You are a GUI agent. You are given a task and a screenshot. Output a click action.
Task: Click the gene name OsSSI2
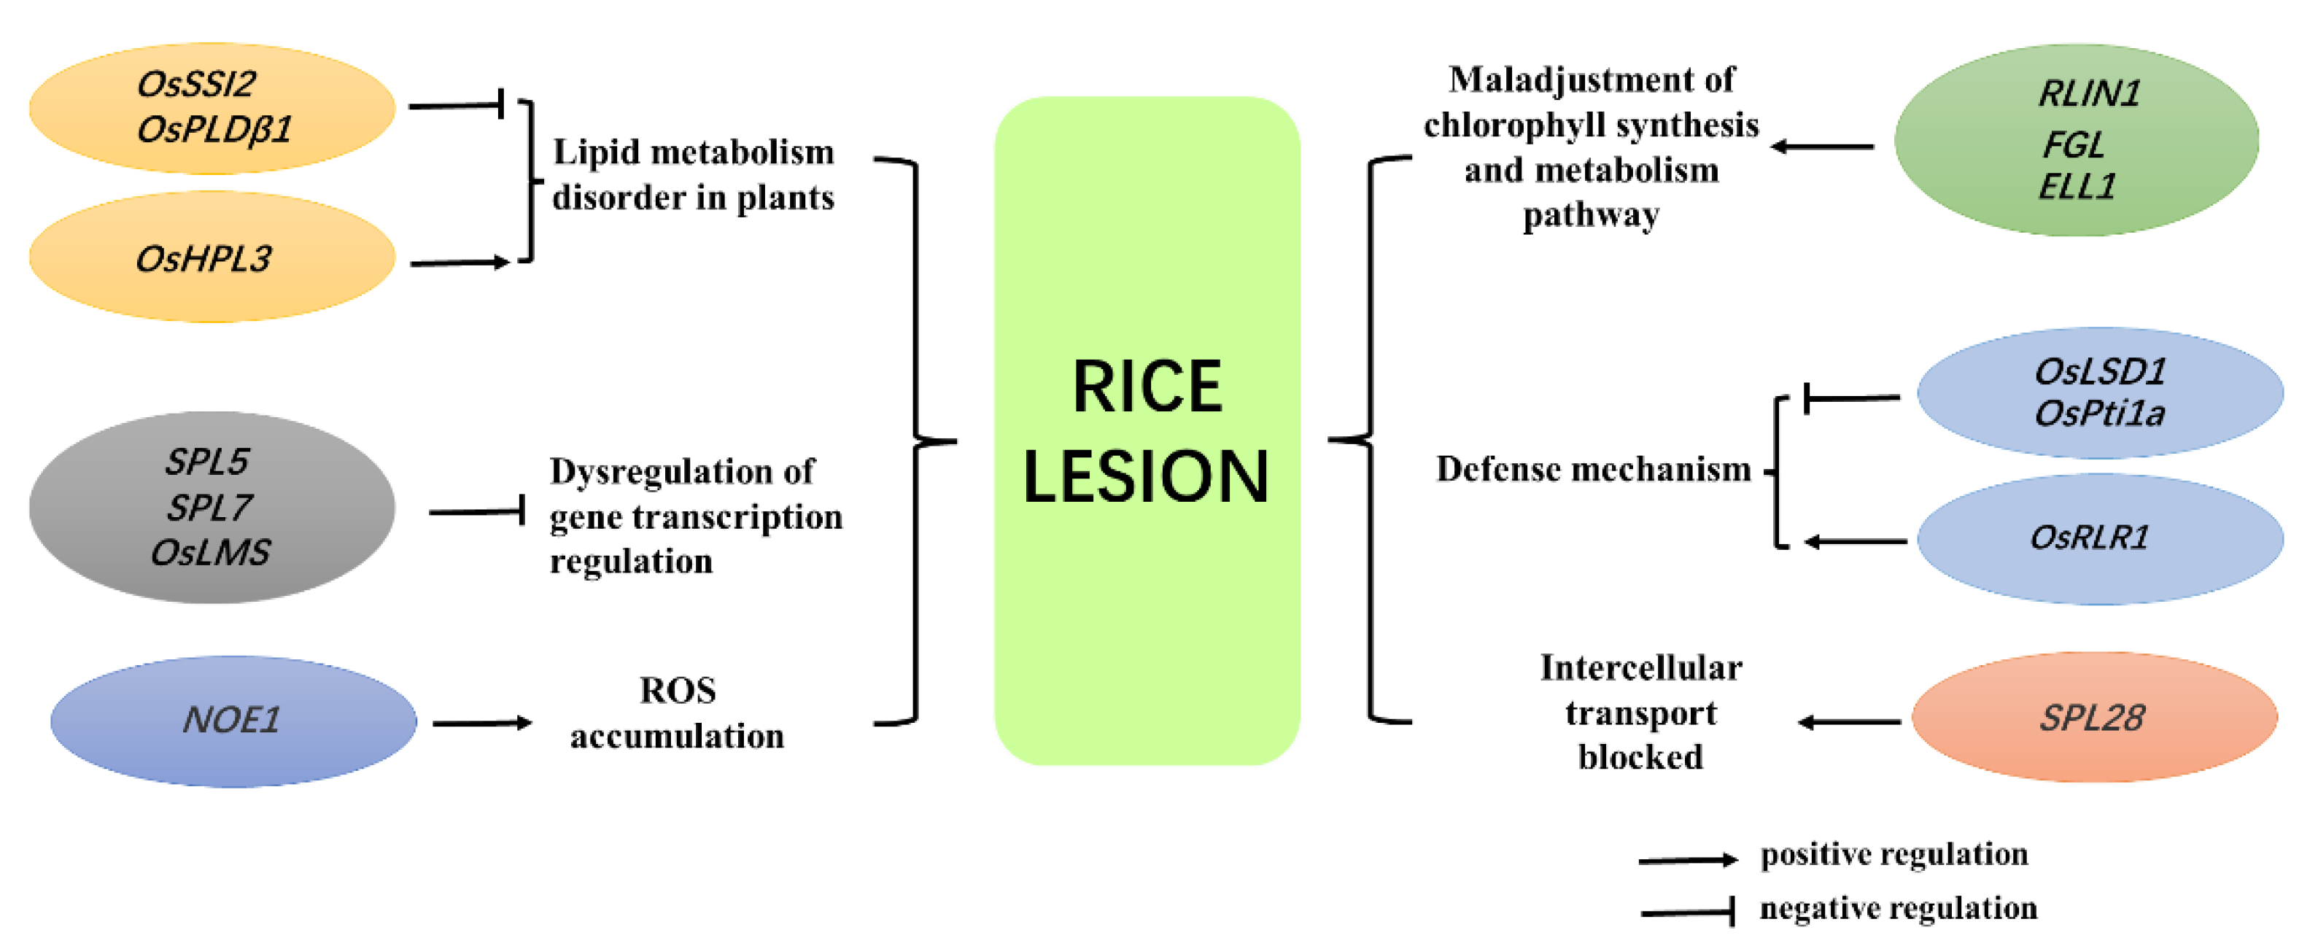[x=195, y=85]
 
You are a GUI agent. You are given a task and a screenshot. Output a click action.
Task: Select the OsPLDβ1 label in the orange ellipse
[x=214, y=131]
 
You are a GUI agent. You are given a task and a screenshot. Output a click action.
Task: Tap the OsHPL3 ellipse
[x=212, y=258]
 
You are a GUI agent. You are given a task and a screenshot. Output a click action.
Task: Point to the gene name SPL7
[x=209, y=508]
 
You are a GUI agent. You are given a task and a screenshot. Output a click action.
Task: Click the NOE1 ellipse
[x=233, y=720]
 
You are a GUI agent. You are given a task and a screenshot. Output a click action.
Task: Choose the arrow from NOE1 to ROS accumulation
[x=481, y=723]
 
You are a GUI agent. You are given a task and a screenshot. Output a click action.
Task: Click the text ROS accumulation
[x=677, y=713]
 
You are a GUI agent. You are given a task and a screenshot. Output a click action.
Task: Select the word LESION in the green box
[x=1145, y=476]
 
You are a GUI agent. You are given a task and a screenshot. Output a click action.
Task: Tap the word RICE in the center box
[x=1147, y=387]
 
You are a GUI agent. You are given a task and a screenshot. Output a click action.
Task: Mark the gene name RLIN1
[x=2088, y=93]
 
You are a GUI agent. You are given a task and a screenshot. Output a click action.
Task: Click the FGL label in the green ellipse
[x=2072, y=144]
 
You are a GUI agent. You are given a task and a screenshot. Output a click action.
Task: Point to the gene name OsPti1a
[x=2098, y=414]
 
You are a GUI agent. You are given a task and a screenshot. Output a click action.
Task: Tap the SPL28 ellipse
[x=2094, y=718]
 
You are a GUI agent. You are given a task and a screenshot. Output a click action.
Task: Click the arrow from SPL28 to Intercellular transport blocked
[x=1849, y=722]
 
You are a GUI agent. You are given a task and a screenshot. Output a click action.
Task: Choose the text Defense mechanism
[x=1593, y=469]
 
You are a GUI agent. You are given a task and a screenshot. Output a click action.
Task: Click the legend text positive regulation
[x=1893, y=853]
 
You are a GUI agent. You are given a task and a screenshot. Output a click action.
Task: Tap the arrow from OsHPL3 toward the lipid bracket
[x=460, y=263]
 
